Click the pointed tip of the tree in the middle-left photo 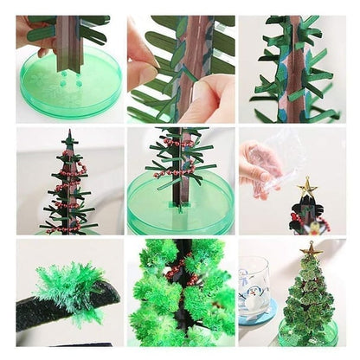[x=68, y=134]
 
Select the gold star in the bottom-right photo [x=311, y=250]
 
